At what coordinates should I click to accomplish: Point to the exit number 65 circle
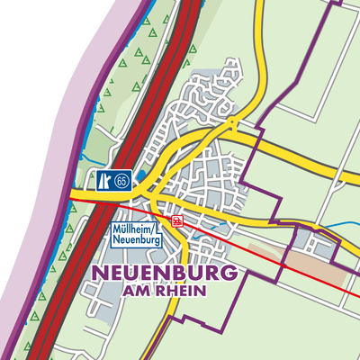pos(123,181)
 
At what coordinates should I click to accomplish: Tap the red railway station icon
pos(178,219)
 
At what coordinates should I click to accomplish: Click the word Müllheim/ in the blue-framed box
pos(135,230)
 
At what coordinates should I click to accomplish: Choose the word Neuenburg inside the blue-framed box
pos(135,241)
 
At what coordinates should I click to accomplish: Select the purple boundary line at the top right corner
pos(337,9)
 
